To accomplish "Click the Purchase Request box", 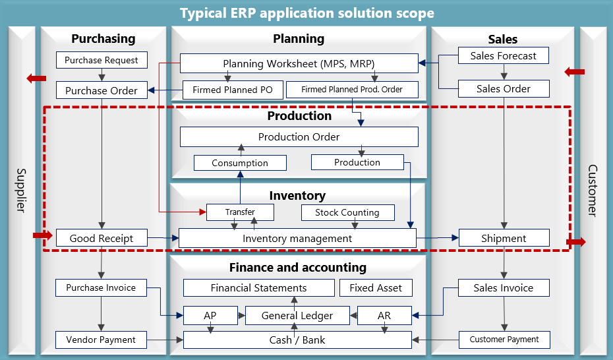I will [102, 60].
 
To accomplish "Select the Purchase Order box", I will [102, 90].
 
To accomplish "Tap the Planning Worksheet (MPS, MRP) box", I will [299, 63].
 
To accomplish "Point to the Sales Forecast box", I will [503, 56].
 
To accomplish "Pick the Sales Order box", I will [503, 88].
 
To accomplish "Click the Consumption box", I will [240, 163].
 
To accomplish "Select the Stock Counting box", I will [347, 212].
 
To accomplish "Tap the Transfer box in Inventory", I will [240, 212].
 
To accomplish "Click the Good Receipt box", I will [102, 238].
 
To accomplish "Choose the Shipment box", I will [504, 238].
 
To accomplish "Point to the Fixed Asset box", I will [376, 287].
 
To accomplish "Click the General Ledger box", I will [297, 316].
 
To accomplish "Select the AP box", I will [210, 316].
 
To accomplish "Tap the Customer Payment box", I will [504, 340].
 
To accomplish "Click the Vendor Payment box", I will [101, 340].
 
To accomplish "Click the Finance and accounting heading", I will [297, 267].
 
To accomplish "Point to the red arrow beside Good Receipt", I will [42, 235].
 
